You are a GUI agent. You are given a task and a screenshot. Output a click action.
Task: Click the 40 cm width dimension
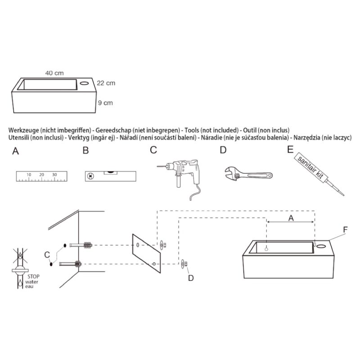coord(54,73)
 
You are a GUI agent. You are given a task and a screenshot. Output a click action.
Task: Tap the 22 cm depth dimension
coord(106,83)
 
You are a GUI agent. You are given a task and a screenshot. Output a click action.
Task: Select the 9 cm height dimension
coord(105,103)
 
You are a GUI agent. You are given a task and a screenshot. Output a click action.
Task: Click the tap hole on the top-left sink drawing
coord(85,83)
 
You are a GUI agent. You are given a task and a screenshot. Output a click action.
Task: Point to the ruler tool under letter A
coord(41,176)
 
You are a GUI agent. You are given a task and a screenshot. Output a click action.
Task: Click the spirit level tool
coord(110,176)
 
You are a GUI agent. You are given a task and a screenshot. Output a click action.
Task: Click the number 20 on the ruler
coord(41,175)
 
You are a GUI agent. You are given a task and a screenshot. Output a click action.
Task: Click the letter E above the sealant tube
coord(290,149)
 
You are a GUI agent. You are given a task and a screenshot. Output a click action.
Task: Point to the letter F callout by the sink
coord(345,229)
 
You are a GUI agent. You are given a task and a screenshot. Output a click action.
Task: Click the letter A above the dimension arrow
coord(291,218)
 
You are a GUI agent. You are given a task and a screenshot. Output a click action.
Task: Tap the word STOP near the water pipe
coord(33,276)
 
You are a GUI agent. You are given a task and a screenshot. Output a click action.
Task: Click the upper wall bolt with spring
coord(81,245)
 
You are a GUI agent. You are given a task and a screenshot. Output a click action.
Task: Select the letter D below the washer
coord(191,278)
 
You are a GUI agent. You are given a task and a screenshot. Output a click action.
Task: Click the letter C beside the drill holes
coord(47,255)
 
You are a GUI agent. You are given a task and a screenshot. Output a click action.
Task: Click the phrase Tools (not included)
coord(211,130)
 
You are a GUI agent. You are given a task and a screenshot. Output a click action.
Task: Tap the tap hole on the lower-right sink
coord(321,246)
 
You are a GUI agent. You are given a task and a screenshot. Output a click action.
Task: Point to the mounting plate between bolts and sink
coord(147,253)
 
